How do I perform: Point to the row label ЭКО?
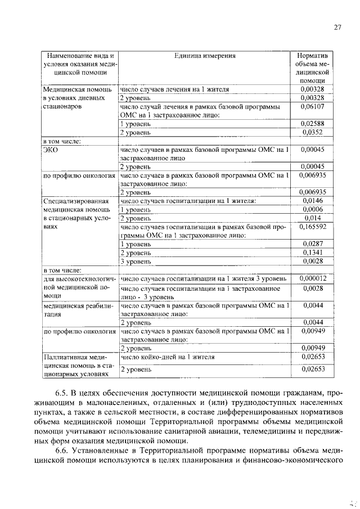pyautogui.click(x=51, y=150)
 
